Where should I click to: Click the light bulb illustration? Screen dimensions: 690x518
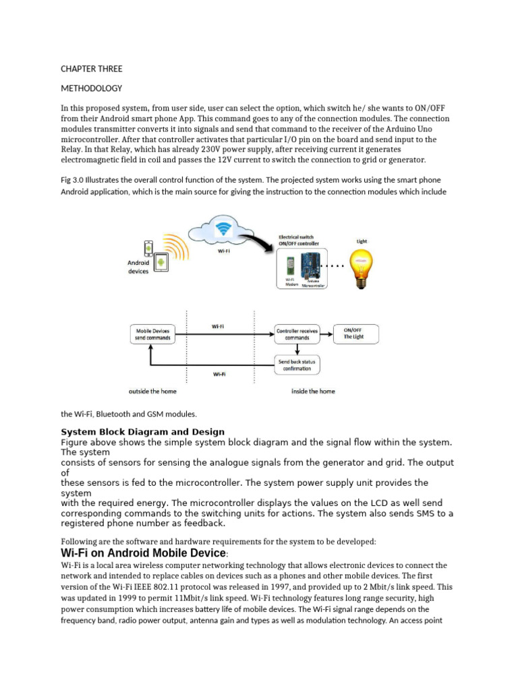[x=362, y=267]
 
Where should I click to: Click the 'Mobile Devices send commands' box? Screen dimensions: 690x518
[x=152, y=334]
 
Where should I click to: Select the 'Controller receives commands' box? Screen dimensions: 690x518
[x=297, y=334]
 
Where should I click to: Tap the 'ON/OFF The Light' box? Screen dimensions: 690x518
[x=356, y=334]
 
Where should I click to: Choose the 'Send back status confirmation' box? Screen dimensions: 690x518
[x=297, y=365]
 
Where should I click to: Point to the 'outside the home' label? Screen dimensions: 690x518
[x=152, y=391]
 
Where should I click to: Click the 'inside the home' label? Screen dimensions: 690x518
[x=313, y=391]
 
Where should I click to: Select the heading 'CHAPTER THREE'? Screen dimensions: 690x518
[x=92, y=69]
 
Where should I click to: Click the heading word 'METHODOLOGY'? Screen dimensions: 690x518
[x=92, y=88]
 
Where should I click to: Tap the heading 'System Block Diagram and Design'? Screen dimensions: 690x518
[x=143, y=431]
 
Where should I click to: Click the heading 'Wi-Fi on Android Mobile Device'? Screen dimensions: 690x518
[x=144, y=553]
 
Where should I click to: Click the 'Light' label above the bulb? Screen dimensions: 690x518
[x=362, y=241]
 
